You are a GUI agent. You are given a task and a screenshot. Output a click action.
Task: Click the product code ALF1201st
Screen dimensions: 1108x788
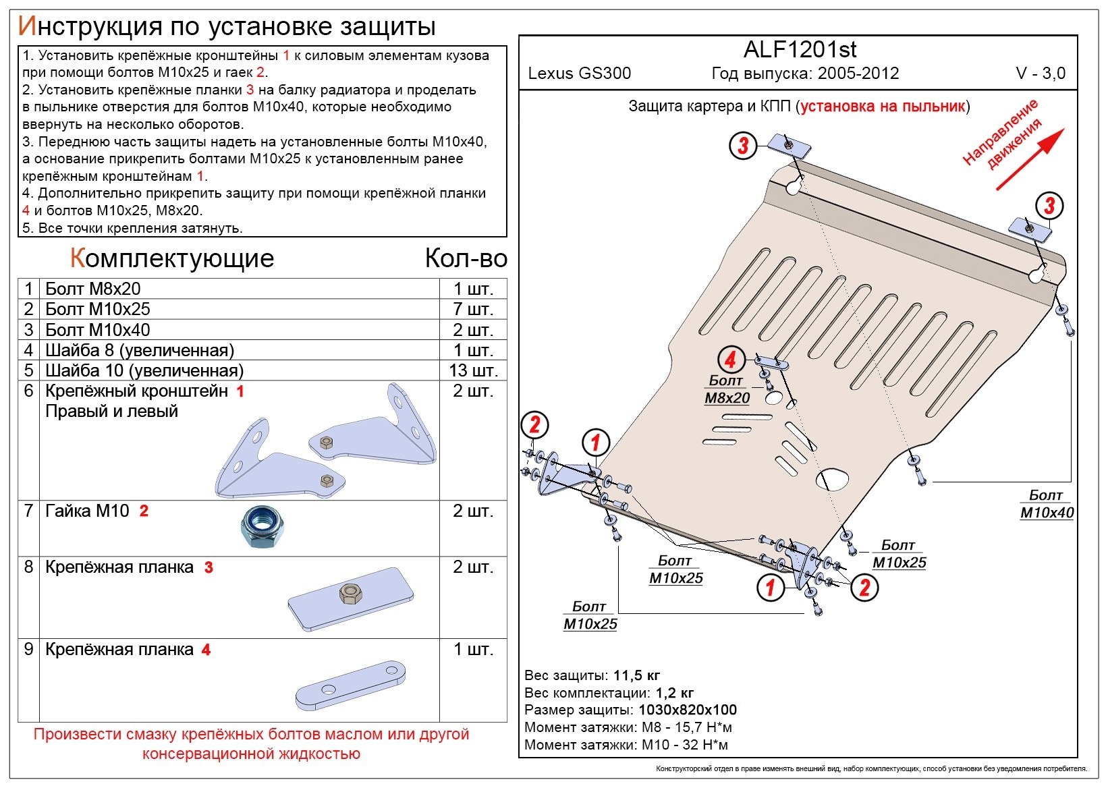pos(800,49)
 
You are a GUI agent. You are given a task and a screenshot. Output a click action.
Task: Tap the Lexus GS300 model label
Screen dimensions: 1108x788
pos(579,74)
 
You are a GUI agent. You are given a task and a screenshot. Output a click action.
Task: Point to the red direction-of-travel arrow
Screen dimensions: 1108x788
pos(1030,159)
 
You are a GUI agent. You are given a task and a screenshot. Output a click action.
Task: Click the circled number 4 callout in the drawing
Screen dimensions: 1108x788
pos(731,360)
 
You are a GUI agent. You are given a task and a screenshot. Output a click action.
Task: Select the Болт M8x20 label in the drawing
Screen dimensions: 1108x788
pos(727,389)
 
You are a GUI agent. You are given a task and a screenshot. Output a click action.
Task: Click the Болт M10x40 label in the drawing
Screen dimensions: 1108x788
pos(1047,503)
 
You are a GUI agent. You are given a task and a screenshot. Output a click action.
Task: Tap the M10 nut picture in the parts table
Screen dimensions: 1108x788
pos(262,527)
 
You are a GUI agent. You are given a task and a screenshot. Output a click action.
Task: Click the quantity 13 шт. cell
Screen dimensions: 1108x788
pos(473,370)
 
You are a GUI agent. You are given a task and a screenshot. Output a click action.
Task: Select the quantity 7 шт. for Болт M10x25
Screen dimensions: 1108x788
pos(474,309)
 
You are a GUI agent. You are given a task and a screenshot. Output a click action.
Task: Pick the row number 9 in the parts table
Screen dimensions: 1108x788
pos(29,650)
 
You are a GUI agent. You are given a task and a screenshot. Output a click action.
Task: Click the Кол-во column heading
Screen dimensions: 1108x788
pos(466,258)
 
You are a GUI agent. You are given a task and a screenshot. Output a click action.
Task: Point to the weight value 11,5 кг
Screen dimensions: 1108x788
pos(636,675)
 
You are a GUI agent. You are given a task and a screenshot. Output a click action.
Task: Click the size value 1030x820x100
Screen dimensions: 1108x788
pos(688,710)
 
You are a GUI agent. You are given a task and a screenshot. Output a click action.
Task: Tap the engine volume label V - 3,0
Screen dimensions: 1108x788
pos(1041,74)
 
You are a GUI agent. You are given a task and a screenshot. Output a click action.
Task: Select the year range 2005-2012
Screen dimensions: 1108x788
pos(858,74)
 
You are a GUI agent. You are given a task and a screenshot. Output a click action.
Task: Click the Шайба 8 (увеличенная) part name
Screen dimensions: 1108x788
pos(140,350)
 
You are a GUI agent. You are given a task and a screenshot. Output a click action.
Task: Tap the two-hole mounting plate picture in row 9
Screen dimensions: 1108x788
pos(350,685)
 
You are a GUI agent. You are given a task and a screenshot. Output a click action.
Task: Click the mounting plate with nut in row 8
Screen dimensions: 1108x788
pos(350,599)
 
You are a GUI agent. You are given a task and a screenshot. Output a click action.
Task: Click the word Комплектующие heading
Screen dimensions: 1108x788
pos(171,258)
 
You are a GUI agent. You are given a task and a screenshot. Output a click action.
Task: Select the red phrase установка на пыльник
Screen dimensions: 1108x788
pos(883,107)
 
